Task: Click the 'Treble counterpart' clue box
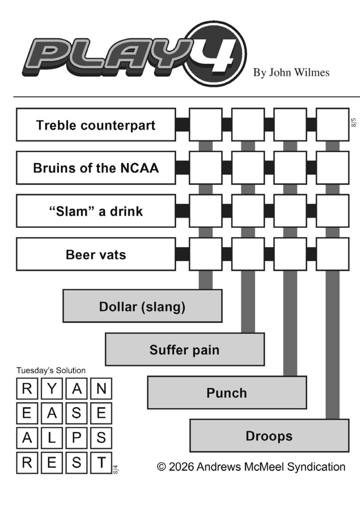point(96,124)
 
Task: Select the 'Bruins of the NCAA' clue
point(96,168)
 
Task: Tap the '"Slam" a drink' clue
point(96,211)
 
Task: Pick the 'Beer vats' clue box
point(96,254)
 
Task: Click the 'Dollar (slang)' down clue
point(142,306)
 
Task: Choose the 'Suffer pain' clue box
point(185,349)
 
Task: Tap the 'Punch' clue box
point(227,392)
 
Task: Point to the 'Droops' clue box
point(269,436)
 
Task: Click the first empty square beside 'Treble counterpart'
point(206,124)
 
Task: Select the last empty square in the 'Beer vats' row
point(332,254)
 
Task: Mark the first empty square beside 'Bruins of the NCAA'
point(206,168)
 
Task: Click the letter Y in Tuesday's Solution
point(52,389)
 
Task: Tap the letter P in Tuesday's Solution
point(76,437)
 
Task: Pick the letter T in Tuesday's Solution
point(101,462)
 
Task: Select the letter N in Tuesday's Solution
point(101,389)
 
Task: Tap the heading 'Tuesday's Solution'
point(51,370)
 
